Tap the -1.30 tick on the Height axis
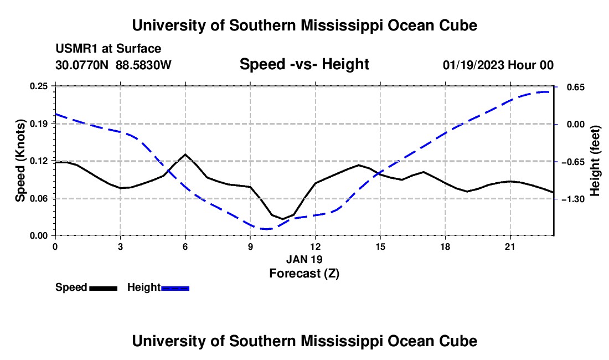coord(572,199)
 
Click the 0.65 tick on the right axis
coord(576,88)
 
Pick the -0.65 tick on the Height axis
coord(572,162)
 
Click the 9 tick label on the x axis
coord(250,246)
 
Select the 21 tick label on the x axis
coord(510,246)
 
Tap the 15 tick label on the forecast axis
coord(380,246)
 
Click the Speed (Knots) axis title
coord(20,161)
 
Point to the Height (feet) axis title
coord(595,161)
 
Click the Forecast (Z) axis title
coord(304,274)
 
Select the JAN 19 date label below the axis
coord(304,259)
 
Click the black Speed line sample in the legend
coord(104,289)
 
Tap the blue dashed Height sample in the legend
coord(175,289)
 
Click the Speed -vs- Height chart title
coord(304,64)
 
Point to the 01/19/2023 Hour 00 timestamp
coord(498,65)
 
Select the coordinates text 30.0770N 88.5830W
coord(113,65)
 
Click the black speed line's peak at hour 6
coord(185,154)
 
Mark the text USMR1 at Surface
coord(108,49)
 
